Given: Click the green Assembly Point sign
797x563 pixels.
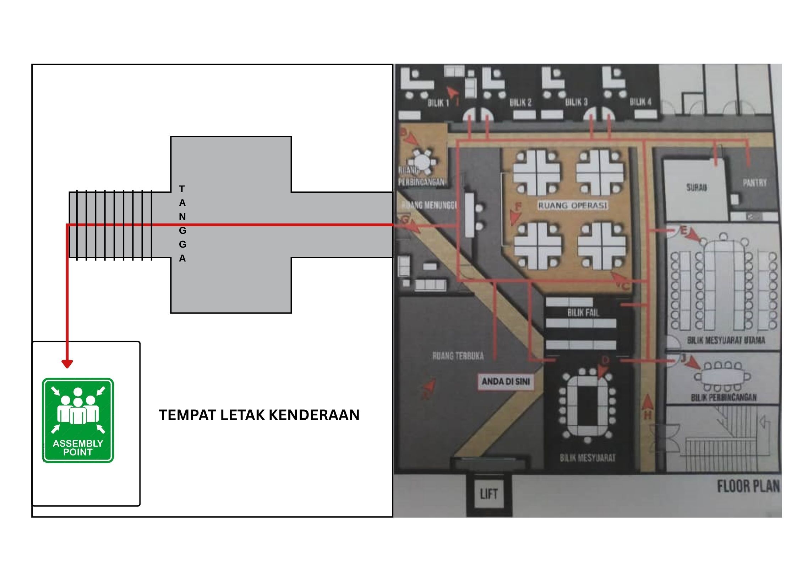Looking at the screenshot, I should [78, 420].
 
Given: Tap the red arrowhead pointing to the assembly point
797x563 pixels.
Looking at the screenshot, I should [67, 364].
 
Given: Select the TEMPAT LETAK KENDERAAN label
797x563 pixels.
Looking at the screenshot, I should [259, 415].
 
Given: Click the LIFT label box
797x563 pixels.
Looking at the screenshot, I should [488, 494].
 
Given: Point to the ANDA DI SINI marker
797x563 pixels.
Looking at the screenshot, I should [506, 382].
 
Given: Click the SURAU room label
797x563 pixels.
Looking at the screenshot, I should [696, 187].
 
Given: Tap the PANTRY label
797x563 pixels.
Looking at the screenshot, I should [754, 183].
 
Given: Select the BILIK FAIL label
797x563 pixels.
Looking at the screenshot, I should [583, 313].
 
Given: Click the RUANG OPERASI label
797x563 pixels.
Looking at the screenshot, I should [572, 205].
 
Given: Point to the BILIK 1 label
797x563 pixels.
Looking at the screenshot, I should [438, 103].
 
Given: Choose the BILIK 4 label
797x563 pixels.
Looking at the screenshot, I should [640, 102].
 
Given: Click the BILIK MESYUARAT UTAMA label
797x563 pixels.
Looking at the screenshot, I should [726, 341].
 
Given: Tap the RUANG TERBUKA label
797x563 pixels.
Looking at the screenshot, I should [458, 356].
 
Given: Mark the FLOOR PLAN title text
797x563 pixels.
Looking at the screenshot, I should [748, 486].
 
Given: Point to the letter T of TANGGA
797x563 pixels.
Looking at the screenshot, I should [182, 189].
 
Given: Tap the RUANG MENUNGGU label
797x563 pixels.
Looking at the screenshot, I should [429, 205].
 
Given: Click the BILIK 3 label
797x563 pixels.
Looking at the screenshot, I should [576, 102].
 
